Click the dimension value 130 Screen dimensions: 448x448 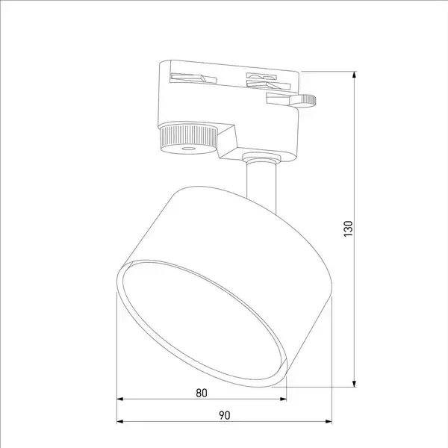click(x=348, y=228)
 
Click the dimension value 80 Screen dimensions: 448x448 click(x=202, y=393)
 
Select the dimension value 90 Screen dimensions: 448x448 click(x=225, y=415)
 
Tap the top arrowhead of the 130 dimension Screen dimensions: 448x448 click(x=354, y=75)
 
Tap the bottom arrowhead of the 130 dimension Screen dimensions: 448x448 click(x=354, y=384)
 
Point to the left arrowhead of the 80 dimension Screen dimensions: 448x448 click(x=120, y=399)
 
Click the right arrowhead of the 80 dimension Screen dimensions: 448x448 click(x=283, y=399)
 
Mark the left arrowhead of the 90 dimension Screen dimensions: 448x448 click(x=120, y=421)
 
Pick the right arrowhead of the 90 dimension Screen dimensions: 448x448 click(x=329, y=421)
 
